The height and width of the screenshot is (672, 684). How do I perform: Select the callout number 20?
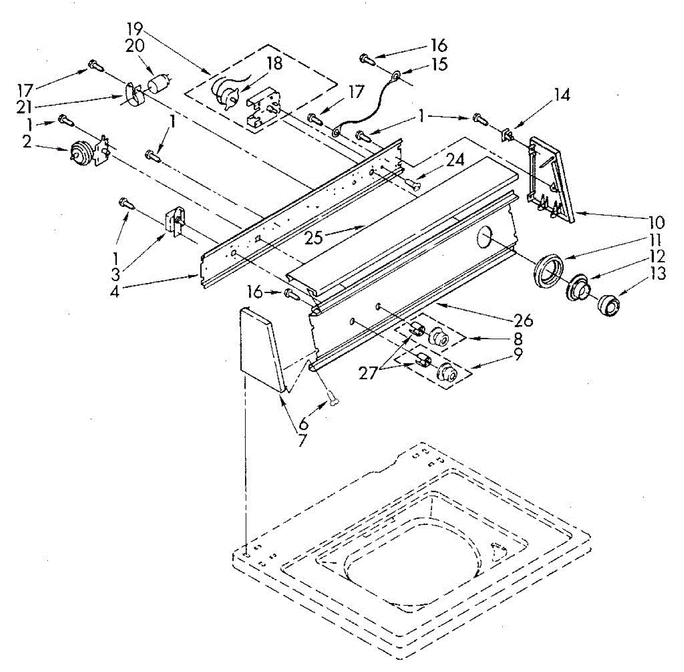click(135, 48)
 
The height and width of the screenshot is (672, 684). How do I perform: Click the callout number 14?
click(562, 95)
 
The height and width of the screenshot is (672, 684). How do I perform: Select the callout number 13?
click(658, 274)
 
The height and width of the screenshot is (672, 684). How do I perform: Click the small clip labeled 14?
click(506, 135)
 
